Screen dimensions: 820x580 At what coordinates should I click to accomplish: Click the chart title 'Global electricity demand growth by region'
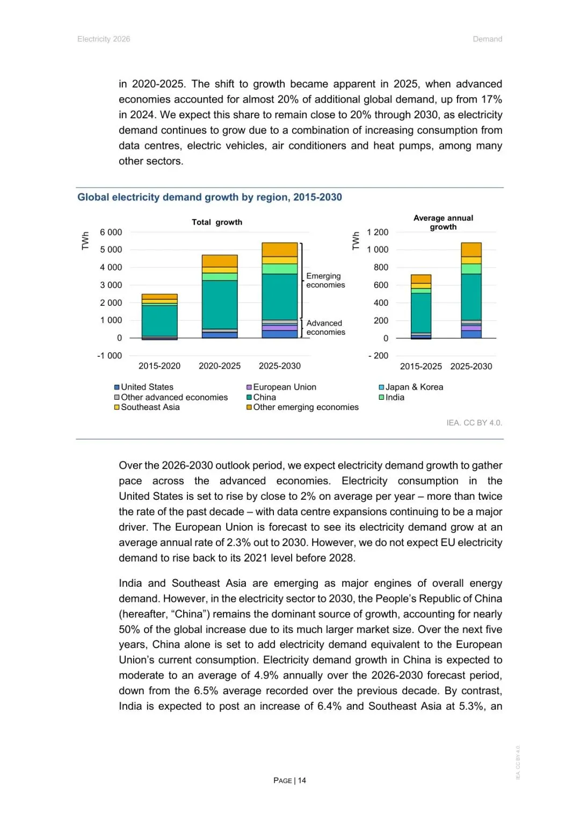click(x=209, y=197)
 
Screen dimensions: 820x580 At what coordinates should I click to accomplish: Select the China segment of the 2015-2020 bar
click(x=160, y=320)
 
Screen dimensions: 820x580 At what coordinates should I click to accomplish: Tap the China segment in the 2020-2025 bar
click(x=220, y=304)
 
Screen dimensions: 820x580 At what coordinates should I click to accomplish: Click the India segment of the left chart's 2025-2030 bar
click(x=279, y=269)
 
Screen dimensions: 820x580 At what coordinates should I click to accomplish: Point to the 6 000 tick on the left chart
click(x=111, y=232)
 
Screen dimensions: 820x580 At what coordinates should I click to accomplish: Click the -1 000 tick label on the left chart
click(x=110, y=356)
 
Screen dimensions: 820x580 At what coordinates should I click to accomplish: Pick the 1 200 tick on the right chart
click(x=378, y=232)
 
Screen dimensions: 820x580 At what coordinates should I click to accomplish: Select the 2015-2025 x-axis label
click(x=421, y=366)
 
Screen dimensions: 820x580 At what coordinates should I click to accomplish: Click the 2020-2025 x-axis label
click(x=220, y=366)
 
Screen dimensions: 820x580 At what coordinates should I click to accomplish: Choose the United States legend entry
click(x=147, y=387)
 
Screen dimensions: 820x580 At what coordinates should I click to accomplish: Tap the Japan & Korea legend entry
click(x=414, y=387)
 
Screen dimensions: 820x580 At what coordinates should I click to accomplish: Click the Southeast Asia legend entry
click(x=150, y=407)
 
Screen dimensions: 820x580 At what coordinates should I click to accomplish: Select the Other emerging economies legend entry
click(x=305, y=407)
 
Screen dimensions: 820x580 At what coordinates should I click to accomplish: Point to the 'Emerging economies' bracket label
click(x=325, y=280)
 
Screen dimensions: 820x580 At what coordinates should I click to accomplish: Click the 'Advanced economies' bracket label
click(x=325, y=328)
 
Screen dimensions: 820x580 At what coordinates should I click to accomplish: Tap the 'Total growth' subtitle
click(x=217, y=222)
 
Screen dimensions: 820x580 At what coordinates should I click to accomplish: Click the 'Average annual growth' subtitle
click(x=443, y=222)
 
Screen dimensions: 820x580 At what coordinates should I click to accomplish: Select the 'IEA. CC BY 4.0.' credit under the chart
click(x=474, y=423)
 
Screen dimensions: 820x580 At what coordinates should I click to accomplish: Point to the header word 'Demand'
click(x=487, y=39)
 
